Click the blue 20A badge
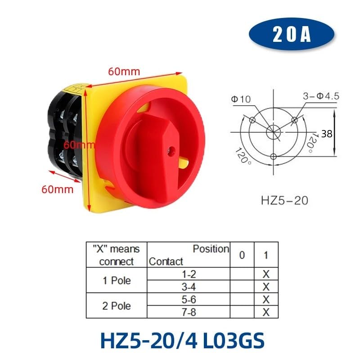point(292,36)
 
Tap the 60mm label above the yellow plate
point(124,71)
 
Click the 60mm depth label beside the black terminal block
point(57,189)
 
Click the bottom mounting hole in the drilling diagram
point(274,157)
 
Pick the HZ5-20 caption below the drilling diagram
point(284,200)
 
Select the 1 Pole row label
point(117,280)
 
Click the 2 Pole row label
point(117,306)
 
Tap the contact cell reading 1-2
point(189,274)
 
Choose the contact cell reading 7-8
point(189,311)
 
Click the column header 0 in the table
point(242,255)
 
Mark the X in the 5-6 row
point(265,299)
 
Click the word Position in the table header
point(211,249)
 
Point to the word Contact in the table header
point(166,261)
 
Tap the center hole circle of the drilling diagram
point(273,132)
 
